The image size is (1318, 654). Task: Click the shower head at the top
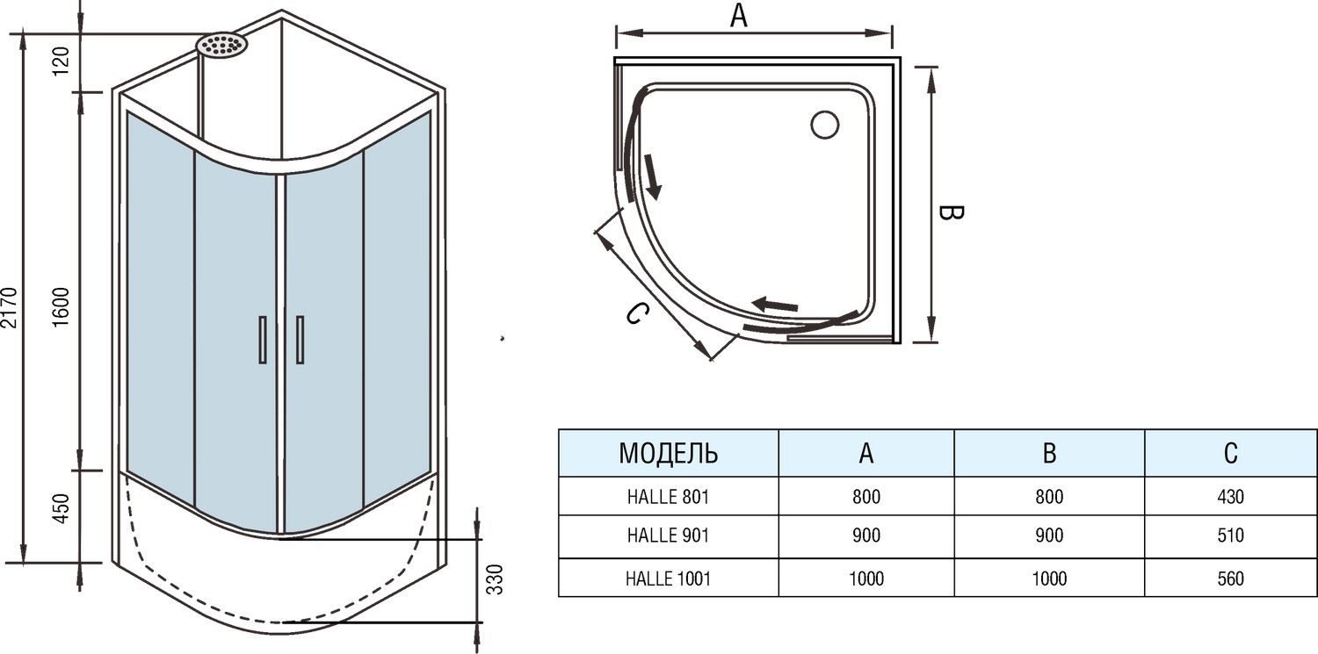click(x=221, y=46)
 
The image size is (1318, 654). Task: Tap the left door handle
click(x=262, y=339)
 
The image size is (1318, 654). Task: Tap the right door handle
click(x=300, y=339)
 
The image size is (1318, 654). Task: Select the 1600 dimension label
click(x=61, y=306)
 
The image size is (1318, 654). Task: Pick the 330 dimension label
click(x=496, y=579)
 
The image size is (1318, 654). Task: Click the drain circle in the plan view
click(x=825, y=126)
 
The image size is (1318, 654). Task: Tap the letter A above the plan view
click(x=739, y=16)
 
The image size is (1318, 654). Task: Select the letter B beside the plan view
click(x=951, y=213)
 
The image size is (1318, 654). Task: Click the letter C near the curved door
click(x=638, y=313)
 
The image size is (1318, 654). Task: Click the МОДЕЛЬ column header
click(x=668, y=453)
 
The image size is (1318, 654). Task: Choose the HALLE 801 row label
click(x=668, y=497)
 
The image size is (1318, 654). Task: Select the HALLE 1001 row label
click(x=668, y=579)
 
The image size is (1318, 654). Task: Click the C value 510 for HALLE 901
click(x=1231, y=535)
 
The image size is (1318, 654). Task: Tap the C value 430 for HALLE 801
click(x=1231, y=497)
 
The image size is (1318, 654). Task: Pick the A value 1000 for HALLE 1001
click(x=865, y=579)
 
